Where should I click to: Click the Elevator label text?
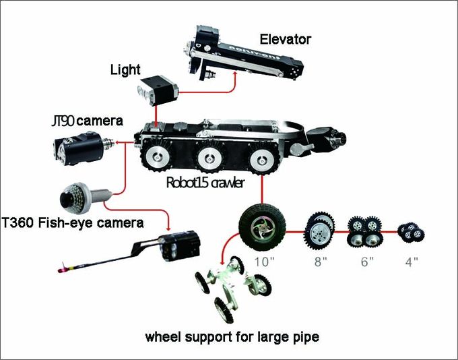coord(285,39)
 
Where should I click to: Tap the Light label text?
coord(126,70)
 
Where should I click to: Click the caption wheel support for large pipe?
coord(232,336)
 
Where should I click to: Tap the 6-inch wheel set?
coord(363,231)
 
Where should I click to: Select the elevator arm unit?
coord(243,56)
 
